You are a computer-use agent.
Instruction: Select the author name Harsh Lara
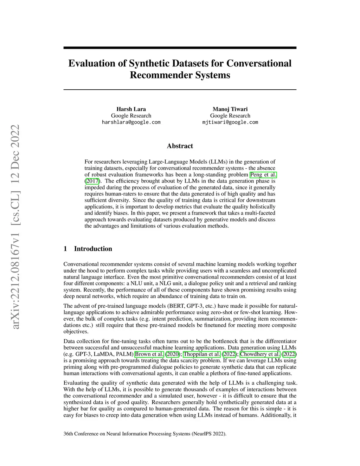coord(131,109)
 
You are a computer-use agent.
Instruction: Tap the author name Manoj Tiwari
coord(230,109)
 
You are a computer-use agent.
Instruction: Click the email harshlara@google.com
coord(131,122)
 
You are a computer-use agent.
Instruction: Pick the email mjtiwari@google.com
coord(230,122)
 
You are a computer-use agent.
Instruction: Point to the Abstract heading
coord(180,146)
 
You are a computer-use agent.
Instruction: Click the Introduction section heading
coord(93,249)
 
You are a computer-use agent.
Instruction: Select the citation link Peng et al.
coord(263,175)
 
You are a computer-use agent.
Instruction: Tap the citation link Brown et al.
coord(149,354)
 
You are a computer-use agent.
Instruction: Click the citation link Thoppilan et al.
coord(202,354)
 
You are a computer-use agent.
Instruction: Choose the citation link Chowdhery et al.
coord(260,354)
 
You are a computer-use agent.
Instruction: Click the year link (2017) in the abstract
coord(92,181)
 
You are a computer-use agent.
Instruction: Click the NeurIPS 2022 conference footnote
coord(145,434)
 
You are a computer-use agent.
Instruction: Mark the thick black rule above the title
coord(180,48)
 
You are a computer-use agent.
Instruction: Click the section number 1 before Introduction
coord(65,249)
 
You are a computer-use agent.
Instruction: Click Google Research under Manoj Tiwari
coord(230,116)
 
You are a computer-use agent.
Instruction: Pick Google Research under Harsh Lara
coord(131,116)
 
